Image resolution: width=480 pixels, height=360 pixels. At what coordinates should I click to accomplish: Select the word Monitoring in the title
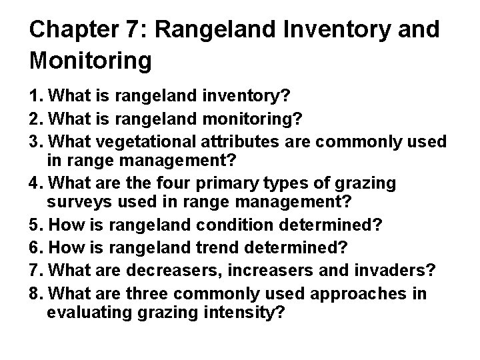(91, 61)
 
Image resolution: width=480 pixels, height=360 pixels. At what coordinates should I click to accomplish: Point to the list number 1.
(34, 95)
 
